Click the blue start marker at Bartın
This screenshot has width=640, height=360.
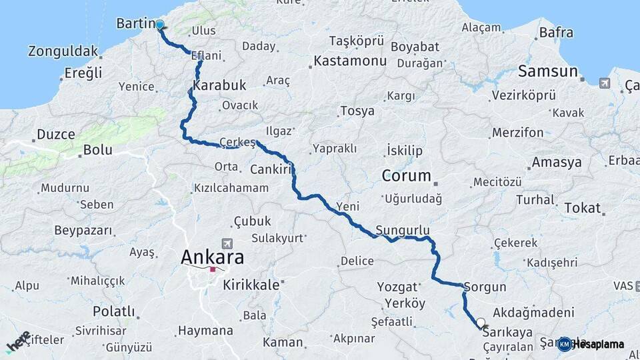coord(160,25)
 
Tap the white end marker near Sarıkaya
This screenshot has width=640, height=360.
coord(481,323)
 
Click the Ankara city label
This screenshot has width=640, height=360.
coord(213,257)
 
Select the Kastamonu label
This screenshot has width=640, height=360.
coord(350,61)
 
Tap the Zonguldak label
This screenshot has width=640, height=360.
coord(63,51)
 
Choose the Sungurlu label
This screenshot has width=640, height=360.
coord(403,230)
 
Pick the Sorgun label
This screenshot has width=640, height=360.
coord(485,287)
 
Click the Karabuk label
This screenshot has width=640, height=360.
coord(220,85)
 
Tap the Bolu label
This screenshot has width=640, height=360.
coord(97,150)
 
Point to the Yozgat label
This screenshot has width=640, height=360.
coord(397,287)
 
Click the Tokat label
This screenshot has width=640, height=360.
coord(582,208)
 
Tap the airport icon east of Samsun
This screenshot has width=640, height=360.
coord(605,83)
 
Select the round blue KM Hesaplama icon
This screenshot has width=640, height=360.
coord(565,344)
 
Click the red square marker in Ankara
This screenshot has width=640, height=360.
coord(213,270)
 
